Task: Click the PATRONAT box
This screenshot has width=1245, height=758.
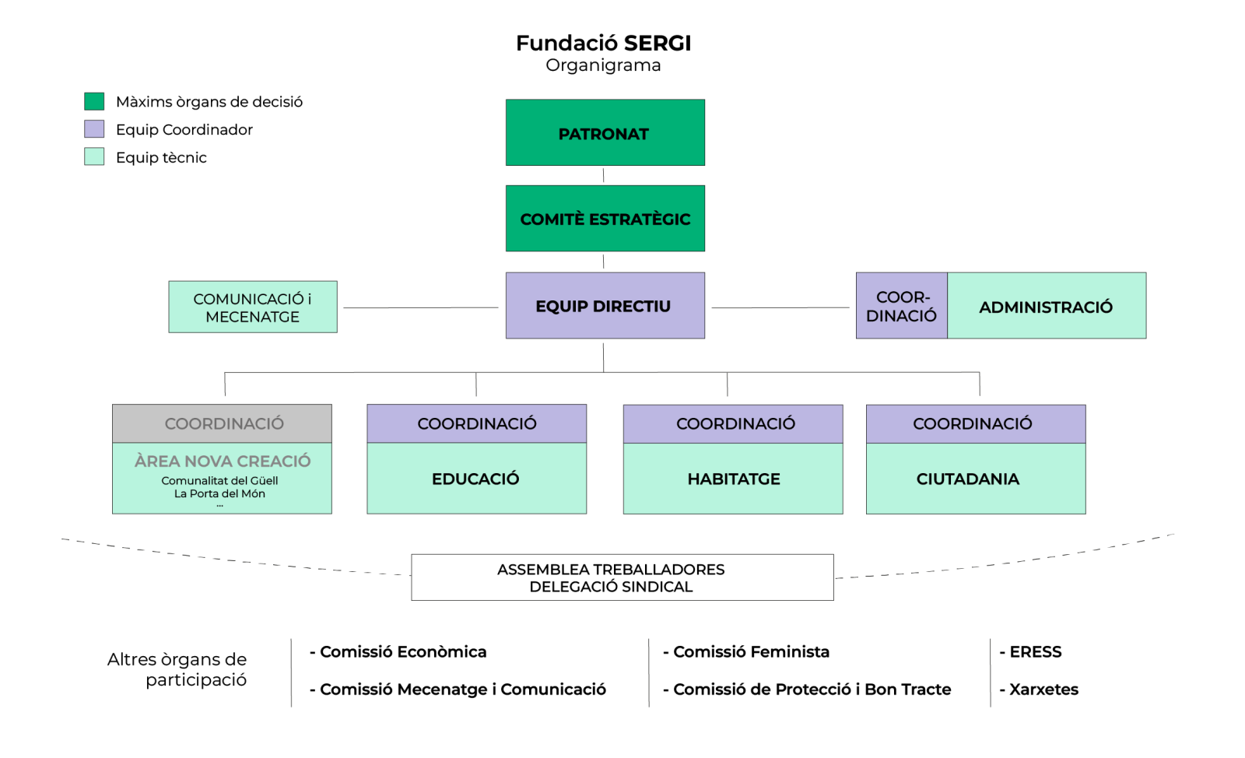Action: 605,132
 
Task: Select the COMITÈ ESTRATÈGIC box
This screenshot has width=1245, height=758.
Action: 605,219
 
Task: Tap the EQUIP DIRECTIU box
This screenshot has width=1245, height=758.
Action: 605,306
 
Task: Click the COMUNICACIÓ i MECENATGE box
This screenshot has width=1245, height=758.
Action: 253,307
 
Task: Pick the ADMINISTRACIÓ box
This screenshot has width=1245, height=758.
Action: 1046,307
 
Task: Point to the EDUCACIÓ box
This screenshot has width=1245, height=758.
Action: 476,479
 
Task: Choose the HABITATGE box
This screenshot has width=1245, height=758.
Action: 733,479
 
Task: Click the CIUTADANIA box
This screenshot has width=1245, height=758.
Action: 975,479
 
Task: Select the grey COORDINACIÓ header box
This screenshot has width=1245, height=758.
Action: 223,423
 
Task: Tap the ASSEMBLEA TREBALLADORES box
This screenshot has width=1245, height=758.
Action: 622,577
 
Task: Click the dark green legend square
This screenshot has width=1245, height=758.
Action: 94,101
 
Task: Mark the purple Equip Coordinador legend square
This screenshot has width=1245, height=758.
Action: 94,129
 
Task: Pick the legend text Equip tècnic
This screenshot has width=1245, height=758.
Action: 161,158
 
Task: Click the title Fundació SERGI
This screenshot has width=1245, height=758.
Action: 603,43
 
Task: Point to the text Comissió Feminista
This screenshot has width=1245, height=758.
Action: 751,652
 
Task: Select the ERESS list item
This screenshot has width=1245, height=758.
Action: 1035,652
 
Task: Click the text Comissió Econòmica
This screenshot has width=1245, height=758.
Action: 403,652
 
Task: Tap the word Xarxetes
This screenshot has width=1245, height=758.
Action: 1043,690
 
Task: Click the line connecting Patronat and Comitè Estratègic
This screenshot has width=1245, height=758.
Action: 603,175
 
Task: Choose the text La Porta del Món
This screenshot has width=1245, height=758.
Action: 219,493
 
